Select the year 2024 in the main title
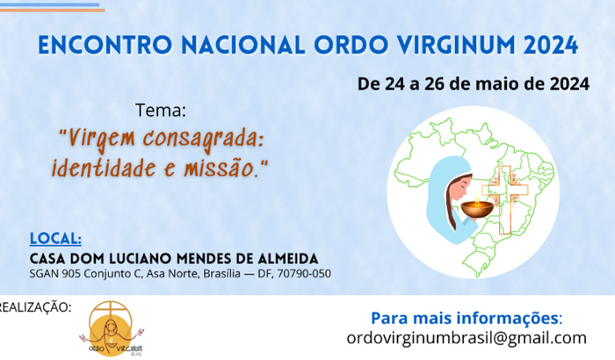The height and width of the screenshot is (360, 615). (547, 45)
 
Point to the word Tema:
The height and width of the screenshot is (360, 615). (161, 112)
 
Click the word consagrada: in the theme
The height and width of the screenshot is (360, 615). (204, 138)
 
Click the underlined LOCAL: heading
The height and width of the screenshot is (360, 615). (56, 238)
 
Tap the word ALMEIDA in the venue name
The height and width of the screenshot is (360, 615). (286, 258)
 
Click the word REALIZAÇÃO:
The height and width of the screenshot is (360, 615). (35, 306)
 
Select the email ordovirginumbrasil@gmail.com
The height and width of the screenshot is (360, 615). (467, 338)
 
